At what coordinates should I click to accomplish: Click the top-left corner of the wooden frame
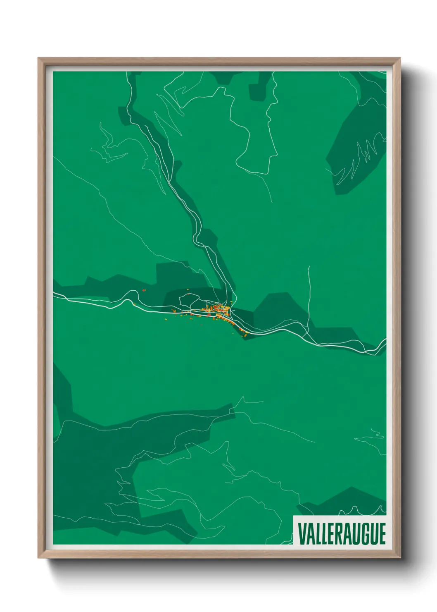39,59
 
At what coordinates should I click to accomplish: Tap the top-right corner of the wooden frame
399,59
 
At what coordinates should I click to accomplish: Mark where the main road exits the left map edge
54,294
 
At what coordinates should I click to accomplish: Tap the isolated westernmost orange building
144,291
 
